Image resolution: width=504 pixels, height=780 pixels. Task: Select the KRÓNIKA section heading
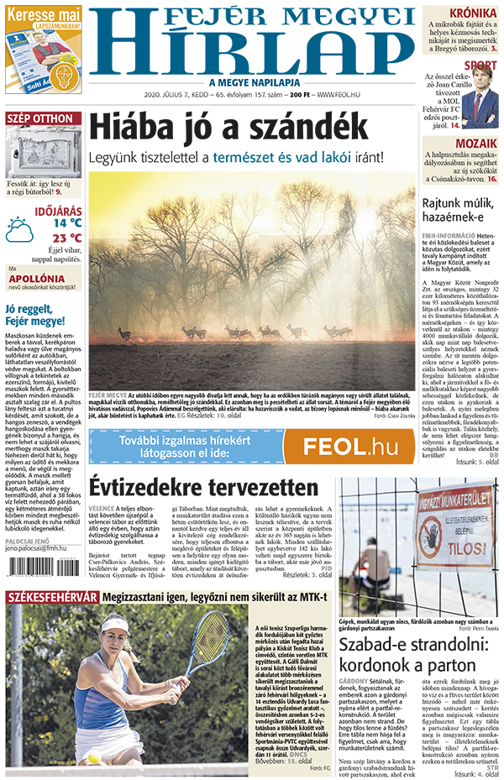coord(472,13)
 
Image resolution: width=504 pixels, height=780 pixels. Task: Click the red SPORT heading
coord(480,65)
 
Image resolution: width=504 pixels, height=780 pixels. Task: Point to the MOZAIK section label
coord(475,144)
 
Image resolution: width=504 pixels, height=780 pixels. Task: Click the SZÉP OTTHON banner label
coord(41,119)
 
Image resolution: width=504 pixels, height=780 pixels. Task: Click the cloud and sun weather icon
coord(20,228)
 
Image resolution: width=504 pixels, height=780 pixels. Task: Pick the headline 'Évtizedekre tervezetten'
coord(204,488)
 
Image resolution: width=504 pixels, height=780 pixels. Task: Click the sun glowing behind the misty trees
coord(366,220)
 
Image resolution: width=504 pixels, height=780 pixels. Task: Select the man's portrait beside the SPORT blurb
coord(480,99)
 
